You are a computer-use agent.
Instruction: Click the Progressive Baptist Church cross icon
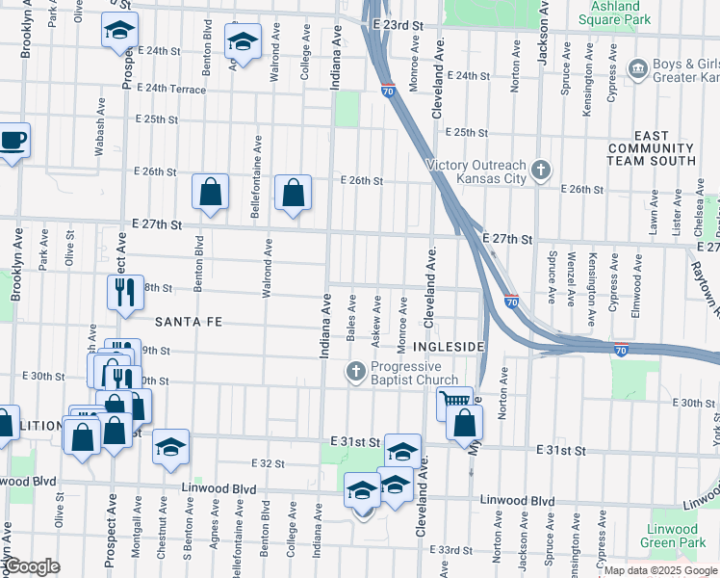[x=357, y=372]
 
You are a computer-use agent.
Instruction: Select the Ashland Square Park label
[x=615, y=13]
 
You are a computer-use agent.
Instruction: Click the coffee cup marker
[x=13, y=141]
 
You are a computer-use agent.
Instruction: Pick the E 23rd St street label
[x=401, y=24]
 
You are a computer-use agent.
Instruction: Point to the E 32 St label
[x=268, y=463]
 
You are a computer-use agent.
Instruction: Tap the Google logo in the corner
[x=33, y=566]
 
